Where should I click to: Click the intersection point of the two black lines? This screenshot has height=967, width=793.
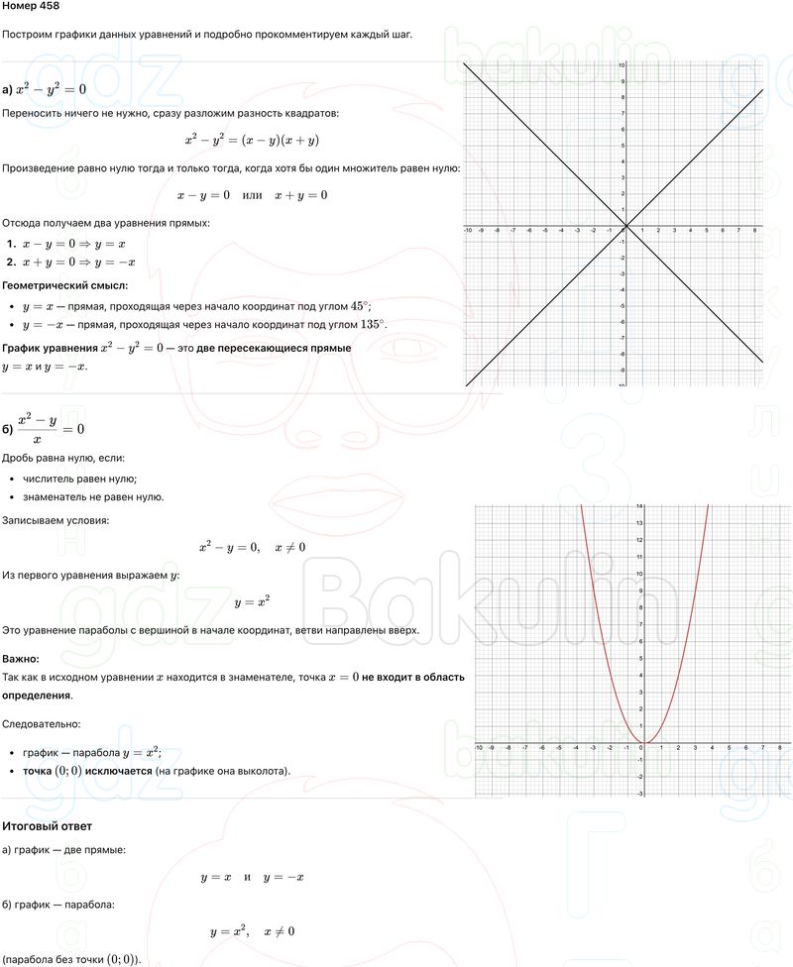pos(625,227)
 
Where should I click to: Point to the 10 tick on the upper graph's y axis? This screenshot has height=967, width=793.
pos(621,65)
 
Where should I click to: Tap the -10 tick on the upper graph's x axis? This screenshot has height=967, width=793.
pos(467,231)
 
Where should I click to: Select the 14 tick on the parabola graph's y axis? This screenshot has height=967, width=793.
pos(639,507)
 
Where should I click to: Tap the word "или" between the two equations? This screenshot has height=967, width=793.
pos(252,195)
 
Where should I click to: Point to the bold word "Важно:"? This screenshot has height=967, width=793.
pos(21,659)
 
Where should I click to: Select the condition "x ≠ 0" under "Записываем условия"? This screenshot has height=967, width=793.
pos(290,547)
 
